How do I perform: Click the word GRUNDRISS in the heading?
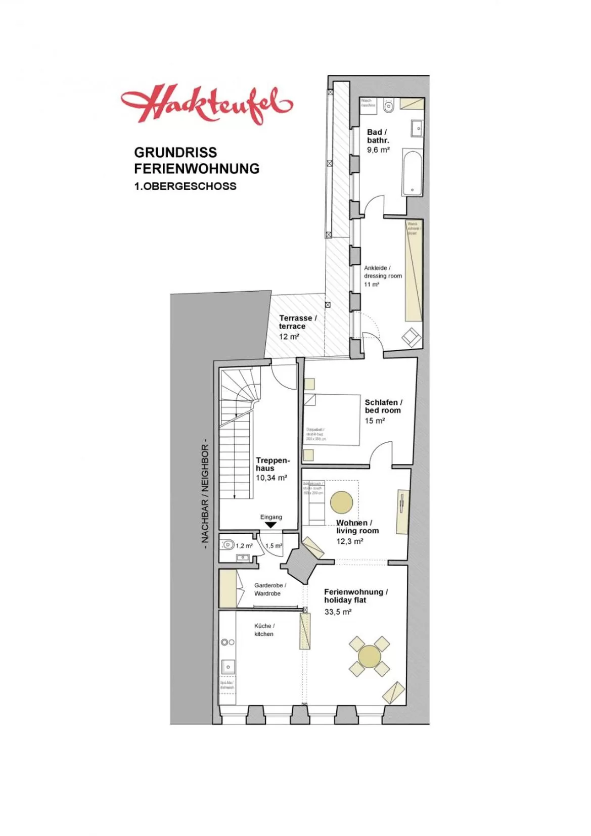[175, 153]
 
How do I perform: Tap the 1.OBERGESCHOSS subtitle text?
[185, 186]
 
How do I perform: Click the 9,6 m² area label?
[378, 150]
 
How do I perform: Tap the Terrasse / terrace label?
[298, 322]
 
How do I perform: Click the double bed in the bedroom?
[332, 420]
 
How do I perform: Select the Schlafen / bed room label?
[383, 406]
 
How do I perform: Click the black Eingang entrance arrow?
[271, 525]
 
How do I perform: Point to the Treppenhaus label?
[272, 464]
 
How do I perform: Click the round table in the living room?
[342, 502]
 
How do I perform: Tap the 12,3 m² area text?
[350, 541]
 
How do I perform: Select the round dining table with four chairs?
[370, 656]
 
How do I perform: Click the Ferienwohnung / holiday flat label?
[355, 596]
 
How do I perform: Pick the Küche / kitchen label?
[264, 630]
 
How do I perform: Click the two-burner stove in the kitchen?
[228, 642]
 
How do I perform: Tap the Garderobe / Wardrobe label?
[269, 589]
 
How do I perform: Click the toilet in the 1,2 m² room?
[228, 545]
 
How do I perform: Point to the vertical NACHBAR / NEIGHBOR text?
[205, 493]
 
